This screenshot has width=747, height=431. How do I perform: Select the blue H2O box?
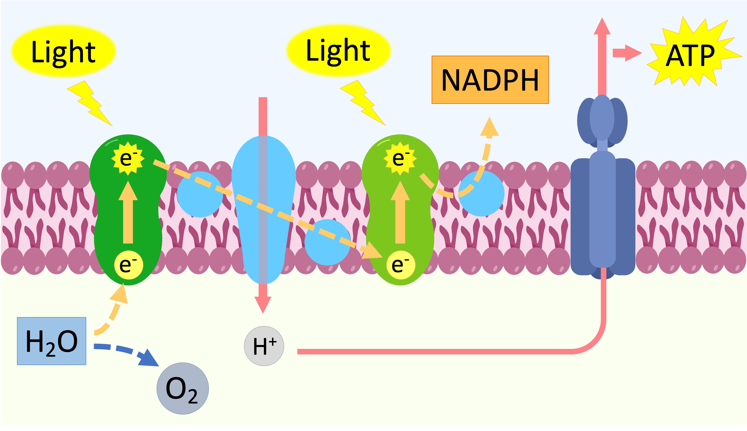pos(52,341)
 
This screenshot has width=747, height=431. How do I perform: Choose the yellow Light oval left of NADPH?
pos(338,50)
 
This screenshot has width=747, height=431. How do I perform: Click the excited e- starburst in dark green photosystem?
pos(128,158)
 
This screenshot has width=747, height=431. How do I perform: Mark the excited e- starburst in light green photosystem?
pos(400,158)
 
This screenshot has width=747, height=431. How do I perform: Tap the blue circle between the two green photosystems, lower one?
pos(327,242)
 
